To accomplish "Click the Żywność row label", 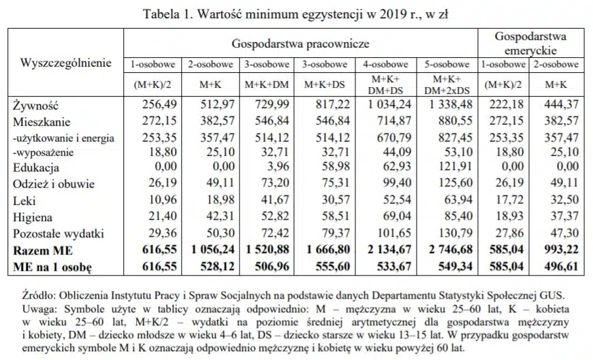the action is [36, 105].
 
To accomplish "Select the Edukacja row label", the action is [36, 167].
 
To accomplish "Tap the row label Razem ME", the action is [43, 250].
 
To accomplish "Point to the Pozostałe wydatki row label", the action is [59, 233].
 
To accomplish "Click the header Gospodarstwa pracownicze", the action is [300, 44].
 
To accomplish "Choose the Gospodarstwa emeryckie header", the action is [530, 43].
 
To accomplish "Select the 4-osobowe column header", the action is [385, 64].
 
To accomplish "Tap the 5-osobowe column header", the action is [447, 64].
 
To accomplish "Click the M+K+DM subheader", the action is [267, 84].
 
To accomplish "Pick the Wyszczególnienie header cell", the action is [66, 63].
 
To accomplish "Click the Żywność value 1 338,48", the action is [451, 104].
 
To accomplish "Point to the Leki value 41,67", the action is [274, 199].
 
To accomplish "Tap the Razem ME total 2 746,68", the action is [451, 250].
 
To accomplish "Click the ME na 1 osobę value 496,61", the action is [562, 267].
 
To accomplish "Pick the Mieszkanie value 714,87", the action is [394, 120].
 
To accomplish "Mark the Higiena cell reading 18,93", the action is [509, 216].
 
